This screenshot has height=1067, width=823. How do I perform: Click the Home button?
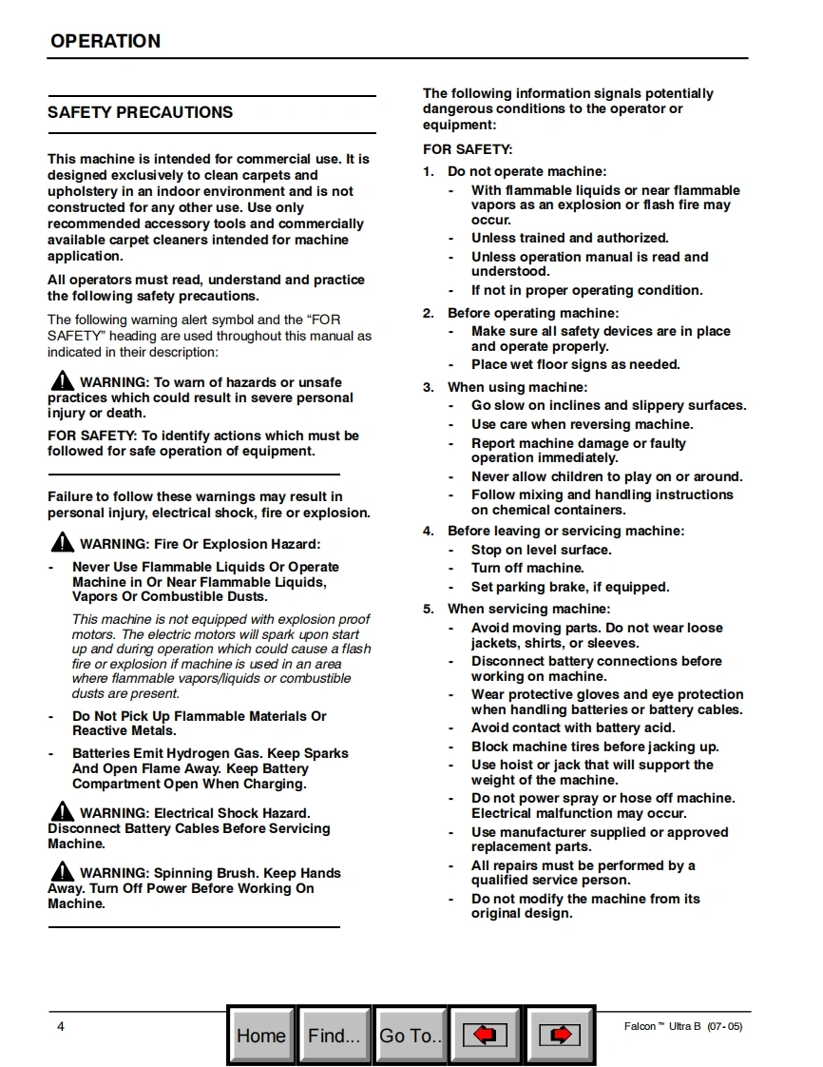(x=261, y=1035)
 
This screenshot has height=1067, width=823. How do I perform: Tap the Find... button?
(x=334, y=1035)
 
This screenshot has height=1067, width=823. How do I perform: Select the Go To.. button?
(x=411, y=1035)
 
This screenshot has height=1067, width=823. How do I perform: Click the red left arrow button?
(x=485, y=1035)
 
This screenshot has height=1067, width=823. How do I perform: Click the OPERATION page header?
(x=105, y=41)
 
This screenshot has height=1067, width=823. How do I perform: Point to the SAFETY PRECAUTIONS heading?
(x=140, y=112)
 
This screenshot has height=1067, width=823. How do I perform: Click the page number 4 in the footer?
(x=61, y=1026)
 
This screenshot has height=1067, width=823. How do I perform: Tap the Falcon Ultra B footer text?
(x=682, y=1026)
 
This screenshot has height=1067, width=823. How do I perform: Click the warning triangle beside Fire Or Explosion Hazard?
(x=62, y=543)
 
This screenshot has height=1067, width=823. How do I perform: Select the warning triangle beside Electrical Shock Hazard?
(x=62, y=812)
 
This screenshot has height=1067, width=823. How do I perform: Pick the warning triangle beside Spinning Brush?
(x=62, y=871)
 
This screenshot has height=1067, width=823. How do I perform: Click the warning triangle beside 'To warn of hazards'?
(x=62, y=381)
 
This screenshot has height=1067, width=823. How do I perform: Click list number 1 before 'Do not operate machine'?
(x=428, y=172)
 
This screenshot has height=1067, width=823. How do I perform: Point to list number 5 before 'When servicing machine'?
(x=428, y=610)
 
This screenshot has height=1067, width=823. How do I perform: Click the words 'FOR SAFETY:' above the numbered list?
(x=468, y=150)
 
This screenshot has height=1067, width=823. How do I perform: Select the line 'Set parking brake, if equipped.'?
(x=570, y=588)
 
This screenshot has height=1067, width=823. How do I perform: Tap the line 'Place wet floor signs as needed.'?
(x=575, y=365)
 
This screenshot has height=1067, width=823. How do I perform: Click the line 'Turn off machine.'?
(x=527, y=569)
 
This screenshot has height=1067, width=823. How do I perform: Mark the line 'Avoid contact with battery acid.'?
(x=573, y=728)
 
